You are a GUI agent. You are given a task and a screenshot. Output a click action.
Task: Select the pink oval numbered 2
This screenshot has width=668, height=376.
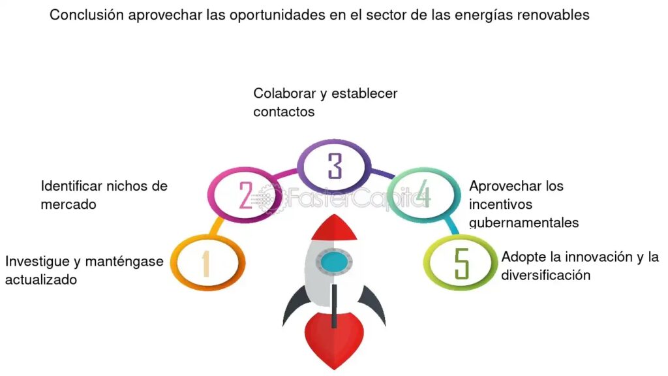coord(245,194)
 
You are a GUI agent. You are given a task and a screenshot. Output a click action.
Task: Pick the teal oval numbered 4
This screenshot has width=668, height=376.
coord(423,194)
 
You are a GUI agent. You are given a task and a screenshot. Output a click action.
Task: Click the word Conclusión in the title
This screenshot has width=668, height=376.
coord(87,15)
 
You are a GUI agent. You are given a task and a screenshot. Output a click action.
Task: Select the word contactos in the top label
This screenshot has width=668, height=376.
coord(284,112)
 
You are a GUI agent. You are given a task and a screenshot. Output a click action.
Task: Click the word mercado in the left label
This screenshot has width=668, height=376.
coord(68,204)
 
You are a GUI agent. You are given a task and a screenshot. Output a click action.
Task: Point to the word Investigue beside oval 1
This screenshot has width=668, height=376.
coord(38,262)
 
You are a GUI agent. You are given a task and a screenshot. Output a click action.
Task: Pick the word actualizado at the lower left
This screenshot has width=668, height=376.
coord(41,280)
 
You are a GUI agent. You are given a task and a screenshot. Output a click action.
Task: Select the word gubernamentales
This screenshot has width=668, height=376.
coord(524,223)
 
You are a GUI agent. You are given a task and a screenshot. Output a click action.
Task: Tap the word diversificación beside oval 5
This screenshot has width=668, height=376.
coord(546,275)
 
